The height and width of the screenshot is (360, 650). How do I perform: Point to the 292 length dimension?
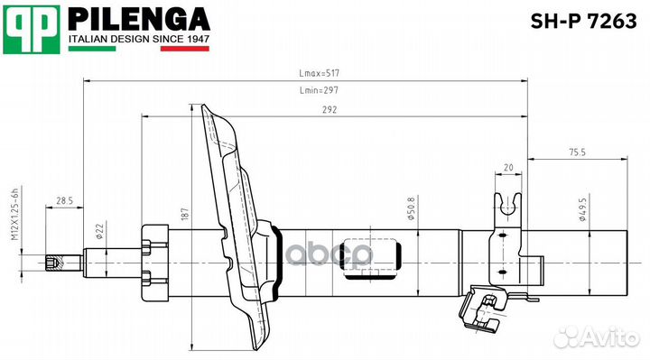pos(330,109)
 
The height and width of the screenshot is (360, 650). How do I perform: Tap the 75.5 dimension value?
pos(577,152)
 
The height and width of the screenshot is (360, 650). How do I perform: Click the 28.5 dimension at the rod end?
pos(64,200)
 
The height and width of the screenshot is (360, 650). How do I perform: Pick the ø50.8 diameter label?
pos(412,213)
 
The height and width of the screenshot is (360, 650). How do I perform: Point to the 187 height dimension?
pos(184,214)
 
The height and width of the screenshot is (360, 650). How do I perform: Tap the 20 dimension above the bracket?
pos(508,168)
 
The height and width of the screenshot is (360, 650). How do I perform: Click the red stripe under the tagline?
pos(184,49)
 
